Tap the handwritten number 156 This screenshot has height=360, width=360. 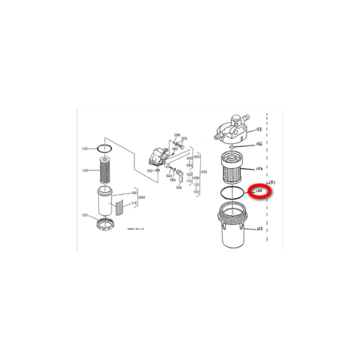coord(259,143)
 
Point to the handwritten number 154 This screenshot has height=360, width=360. coord(259,169)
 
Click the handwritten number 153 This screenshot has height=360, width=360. coord(259,229)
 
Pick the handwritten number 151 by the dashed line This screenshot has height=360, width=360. coord(274,181)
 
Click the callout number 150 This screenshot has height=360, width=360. coord(149,171)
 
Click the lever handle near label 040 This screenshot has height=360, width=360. coord(181,177)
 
